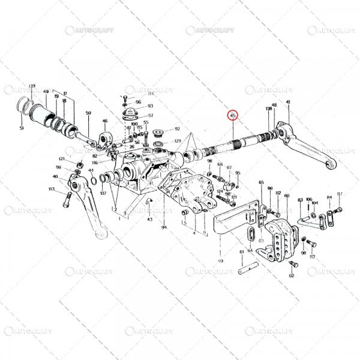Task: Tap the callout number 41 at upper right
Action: pyautogui.click(x=288, y=103)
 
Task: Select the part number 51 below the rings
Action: pyautogui.click(x=22, y=128)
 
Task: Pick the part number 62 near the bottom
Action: pyautogui.click(x=292, y=276)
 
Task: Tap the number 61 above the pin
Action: pyautogui.click(x=242, y=253)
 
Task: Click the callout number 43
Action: pyautogui.click(x=150, y=220)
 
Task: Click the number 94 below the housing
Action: pyautogui.click(x=163, y=228)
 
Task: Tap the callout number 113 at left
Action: pyautogui.click(x=52, y=189)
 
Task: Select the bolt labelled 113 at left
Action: pyautogui.click(x=65, y=200)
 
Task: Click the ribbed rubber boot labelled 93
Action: pyautogui.click(x=128, y=115)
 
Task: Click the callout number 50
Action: pyautogui.click(x=88, y=113)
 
